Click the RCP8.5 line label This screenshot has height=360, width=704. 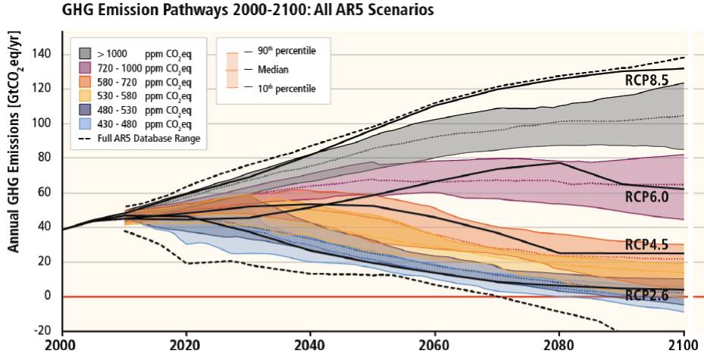tap(646, 80)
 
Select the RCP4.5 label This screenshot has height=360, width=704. tap(646, 244)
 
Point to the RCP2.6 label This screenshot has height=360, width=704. tap(646, 296)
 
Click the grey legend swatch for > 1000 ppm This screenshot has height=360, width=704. tap(86, 53)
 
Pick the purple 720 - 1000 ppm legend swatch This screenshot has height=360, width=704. tap(86, 67)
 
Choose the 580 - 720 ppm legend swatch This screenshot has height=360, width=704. tap(86, 82)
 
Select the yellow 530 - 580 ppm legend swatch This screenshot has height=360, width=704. tap(86, 95)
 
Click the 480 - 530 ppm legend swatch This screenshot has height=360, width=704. tap(86, 110)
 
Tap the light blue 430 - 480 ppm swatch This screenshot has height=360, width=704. tap(86, 124)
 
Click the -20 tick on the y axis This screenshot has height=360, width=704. tap(45, 331)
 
